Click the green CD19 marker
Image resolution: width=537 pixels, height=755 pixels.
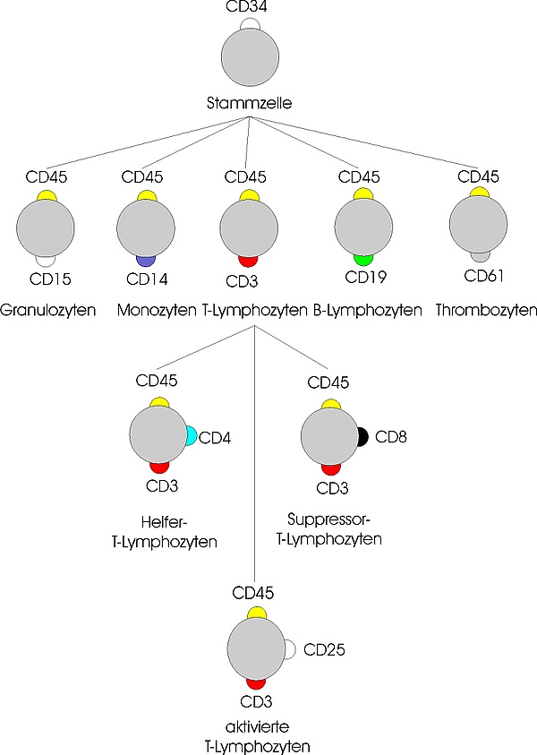[x=363, y=259]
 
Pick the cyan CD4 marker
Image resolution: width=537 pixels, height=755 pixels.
[x=192, y=437]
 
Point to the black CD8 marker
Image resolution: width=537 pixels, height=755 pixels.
[x=362, y=437]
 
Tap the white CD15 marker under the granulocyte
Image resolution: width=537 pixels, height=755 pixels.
[x=45, y=260]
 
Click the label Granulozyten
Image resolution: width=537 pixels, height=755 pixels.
[x=46, y=312]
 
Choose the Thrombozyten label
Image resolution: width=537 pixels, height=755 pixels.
[x=486, y=312]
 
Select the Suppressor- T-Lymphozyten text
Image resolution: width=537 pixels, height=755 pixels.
[x=337, y=529]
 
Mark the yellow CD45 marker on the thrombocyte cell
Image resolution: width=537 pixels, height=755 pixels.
[x=480, y=193]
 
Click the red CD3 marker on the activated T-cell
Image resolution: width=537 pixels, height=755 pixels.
[x=257, y=683]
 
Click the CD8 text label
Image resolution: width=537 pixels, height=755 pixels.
[x=391, y=438]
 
